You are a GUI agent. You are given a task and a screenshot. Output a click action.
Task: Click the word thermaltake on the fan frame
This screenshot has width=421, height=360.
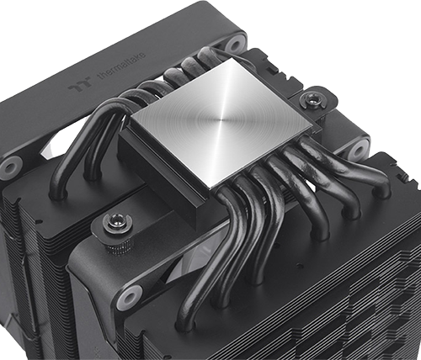point(122,66)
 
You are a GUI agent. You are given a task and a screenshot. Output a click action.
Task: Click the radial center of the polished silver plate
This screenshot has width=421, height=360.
point(222,120)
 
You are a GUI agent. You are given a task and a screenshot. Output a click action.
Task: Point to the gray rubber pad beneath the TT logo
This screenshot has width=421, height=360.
point(11,167)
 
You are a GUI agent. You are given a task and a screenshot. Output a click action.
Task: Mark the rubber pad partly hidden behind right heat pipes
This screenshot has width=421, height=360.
point(360,151)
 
